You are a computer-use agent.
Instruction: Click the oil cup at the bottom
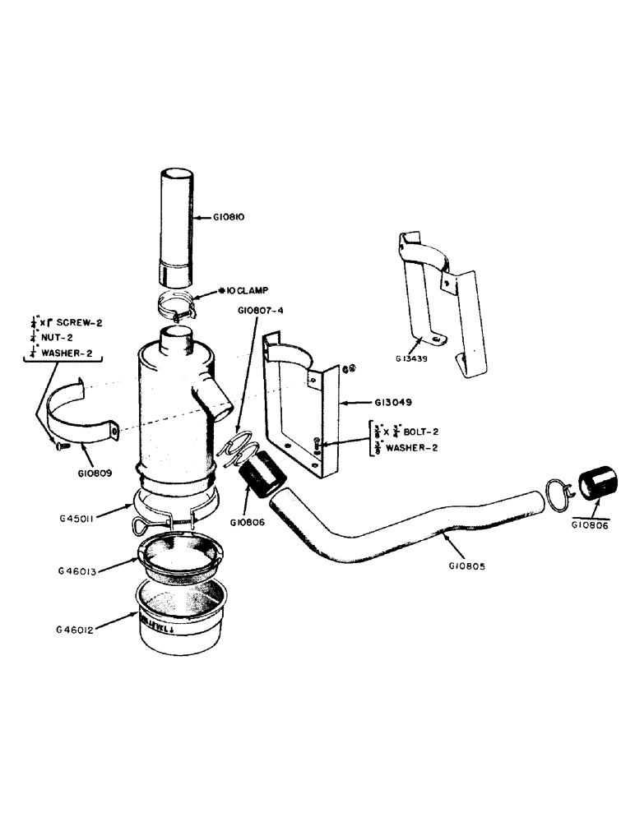[178, 625]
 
